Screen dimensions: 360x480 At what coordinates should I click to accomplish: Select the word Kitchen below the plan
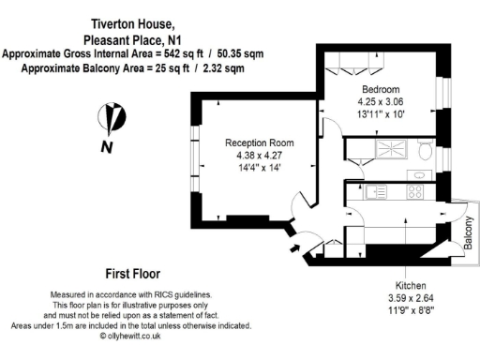click(411, 285)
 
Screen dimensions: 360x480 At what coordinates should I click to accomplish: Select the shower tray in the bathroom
click(382, 149)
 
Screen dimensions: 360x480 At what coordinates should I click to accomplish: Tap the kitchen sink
click(378, 191)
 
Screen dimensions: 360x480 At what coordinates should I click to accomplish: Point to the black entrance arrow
click(296, 248)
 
